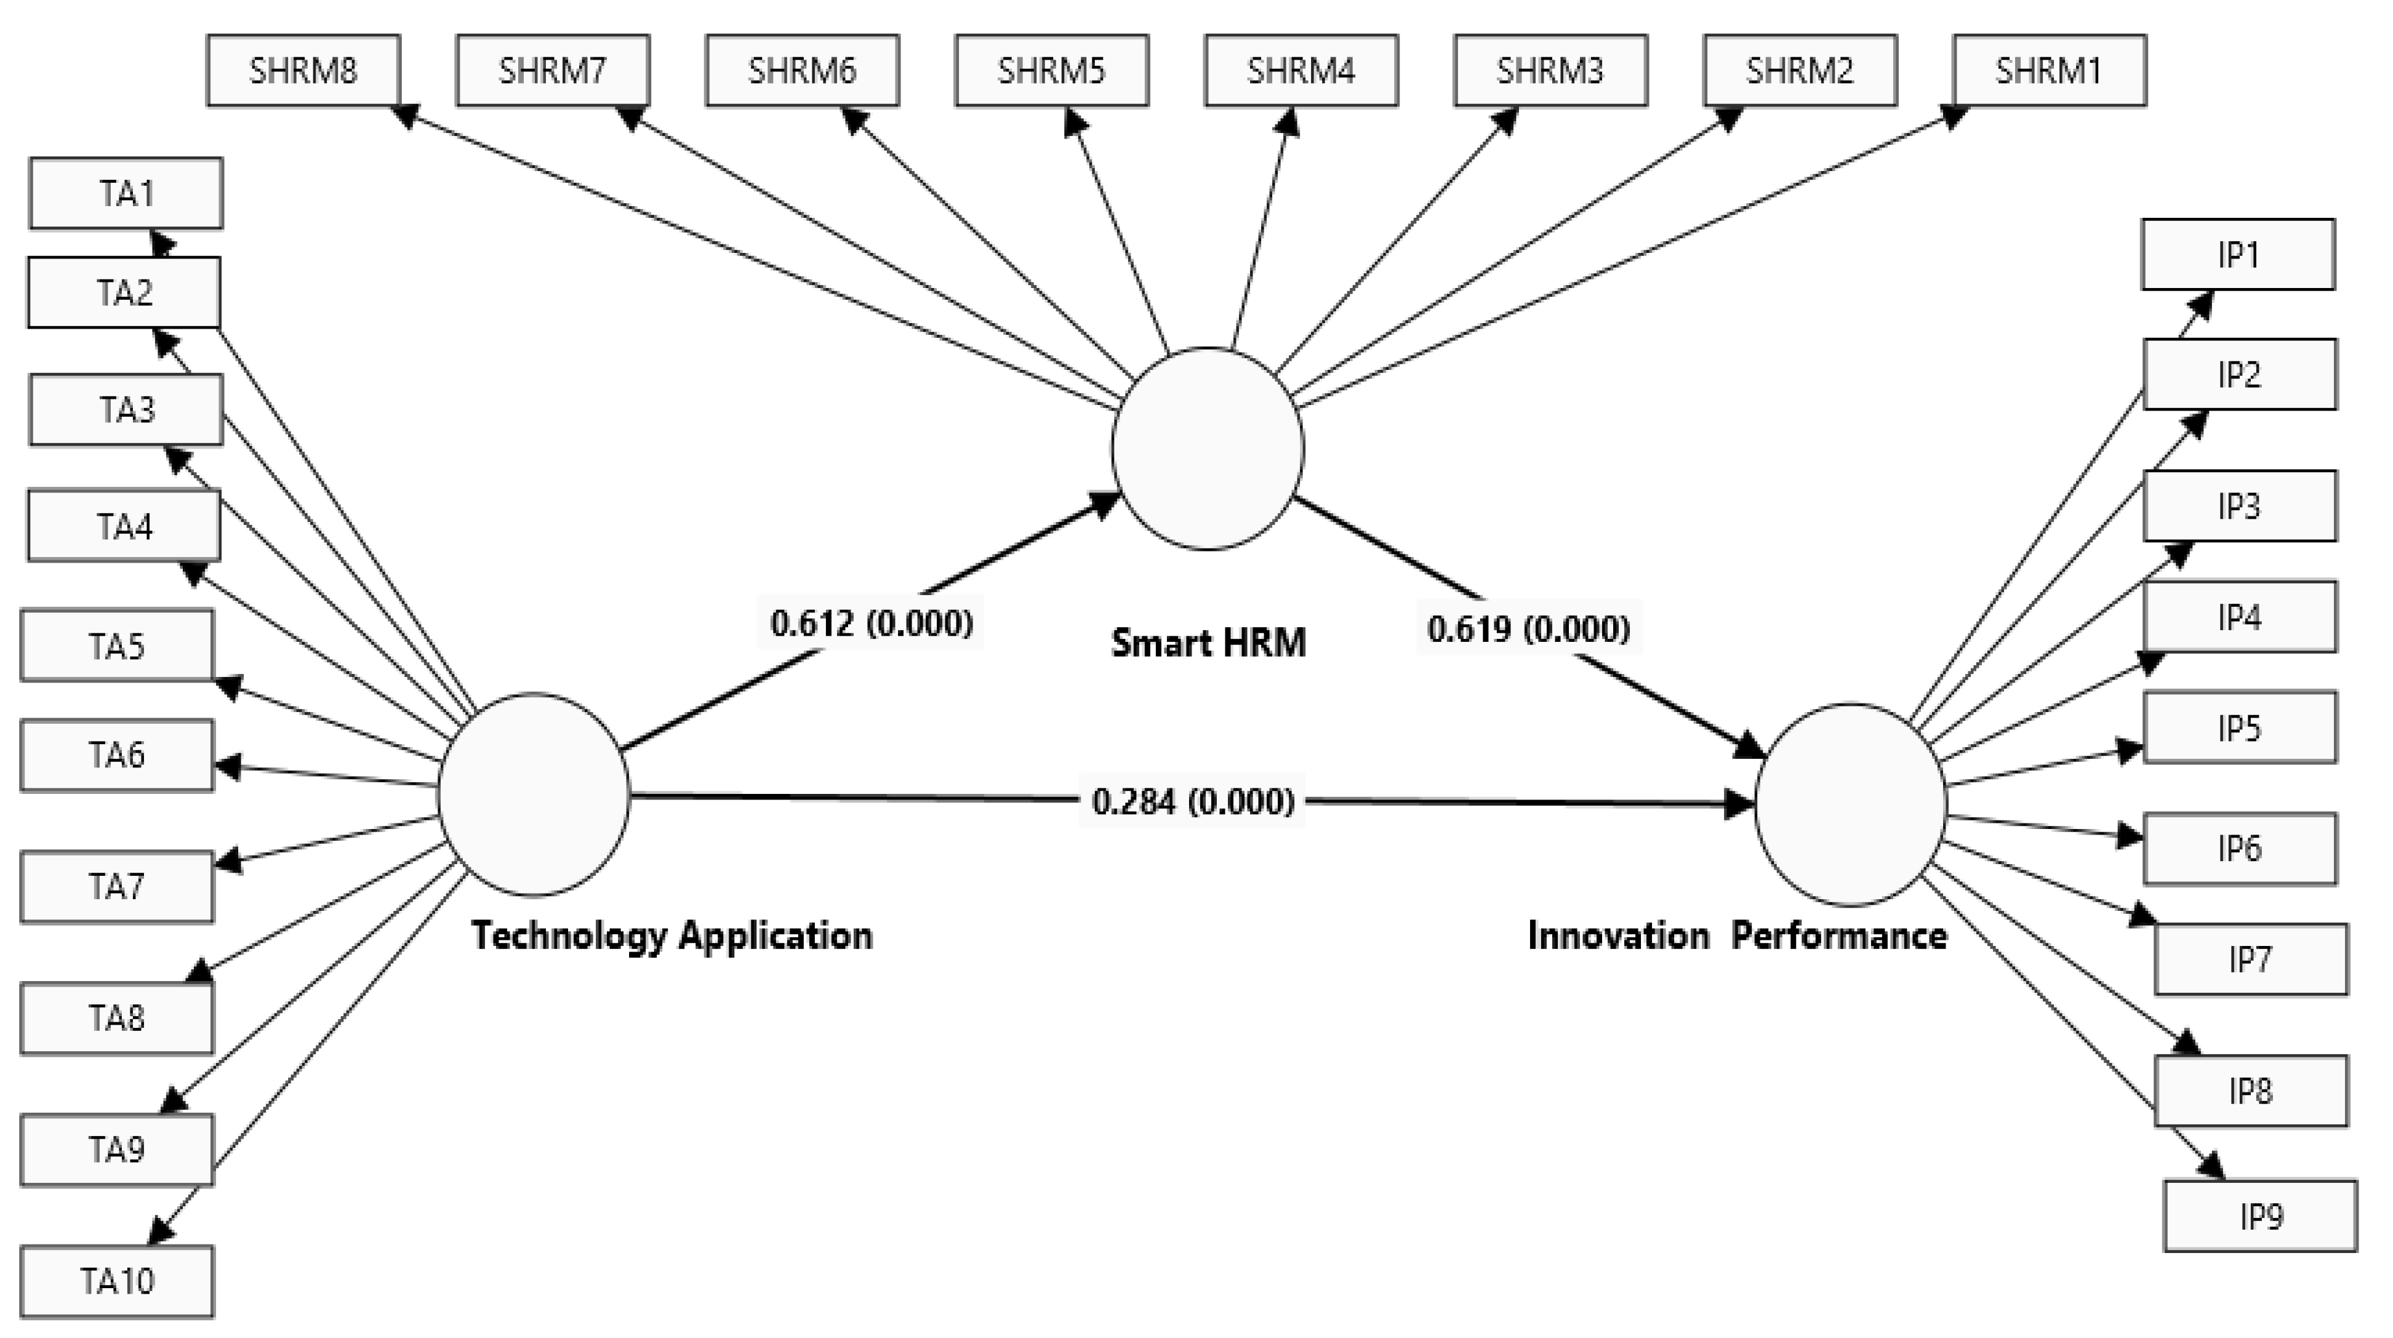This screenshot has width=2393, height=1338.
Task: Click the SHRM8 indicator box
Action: pyautogui.click(x=303, y=71)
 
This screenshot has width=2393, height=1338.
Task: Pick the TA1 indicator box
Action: pyautogui.click(x=126, y=193)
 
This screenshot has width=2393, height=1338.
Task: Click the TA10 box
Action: pyautogui.click(x=117, y=1281)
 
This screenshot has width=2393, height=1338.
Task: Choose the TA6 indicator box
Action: pyautogui.click(x=117, y=755)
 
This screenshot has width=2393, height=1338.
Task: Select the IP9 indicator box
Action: pyautogui.click(x=2259, y=1216)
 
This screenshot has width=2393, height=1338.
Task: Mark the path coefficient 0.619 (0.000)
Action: pyautogui.click(x=1528, y=629)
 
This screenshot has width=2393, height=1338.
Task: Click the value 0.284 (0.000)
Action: pyautogui.click(x=1193, y=801)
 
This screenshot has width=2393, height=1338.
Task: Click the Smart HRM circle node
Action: pyautogui.click(x=1208, y=449)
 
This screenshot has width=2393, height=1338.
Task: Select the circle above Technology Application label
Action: pyautogui.click(x=534, y=795)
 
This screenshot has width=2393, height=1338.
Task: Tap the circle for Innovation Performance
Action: pyautogui.click(x=1850, y=804)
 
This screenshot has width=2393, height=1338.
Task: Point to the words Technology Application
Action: pyautogui.click(x=671, y=935)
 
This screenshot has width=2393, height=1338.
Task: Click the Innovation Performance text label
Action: pyautogui.click(x=1737, y=935)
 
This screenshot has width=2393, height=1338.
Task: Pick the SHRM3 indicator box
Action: pyautogui.click(x=1550, y=71)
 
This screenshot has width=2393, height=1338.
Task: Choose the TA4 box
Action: pyautogui.click(x=124, y=527)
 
